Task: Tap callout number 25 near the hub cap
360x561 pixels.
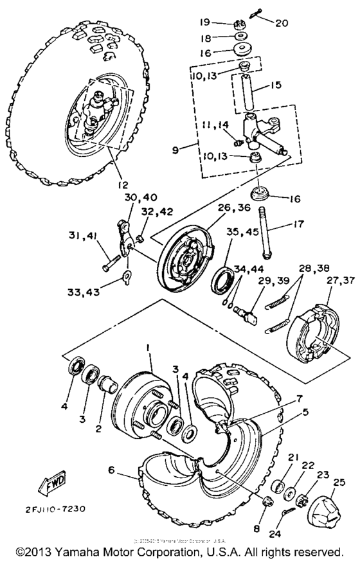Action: (338, 482)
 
